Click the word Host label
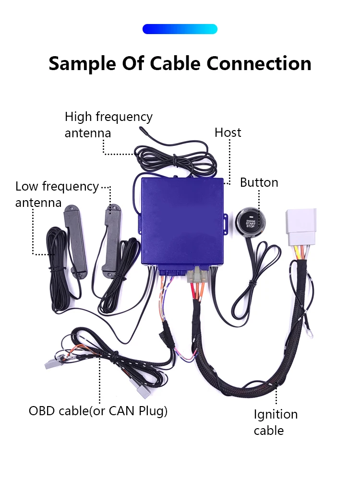tap(228, 132)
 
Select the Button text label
tap(259, 182)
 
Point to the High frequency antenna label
tap(108, 124)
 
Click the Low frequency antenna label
tap(57, 194)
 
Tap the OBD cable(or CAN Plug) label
tap(98, 411)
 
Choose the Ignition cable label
tap(276, 422)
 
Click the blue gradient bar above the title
tap(180, 29)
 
